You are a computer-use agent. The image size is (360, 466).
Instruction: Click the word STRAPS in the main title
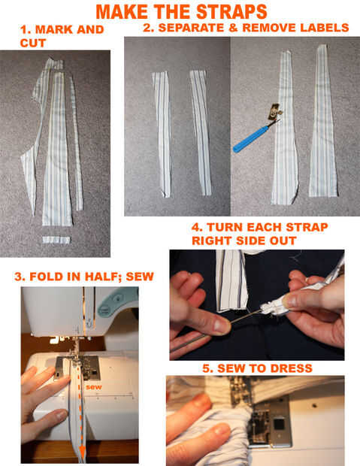tap(231, 12)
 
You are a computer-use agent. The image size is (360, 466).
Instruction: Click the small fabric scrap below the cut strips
tap(56, 240)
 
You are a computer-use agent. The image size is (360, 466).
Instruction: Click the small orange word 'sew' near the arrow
tap(94, 387)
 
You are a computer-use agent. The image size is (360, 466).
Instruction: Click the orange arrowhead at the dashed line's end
tap(83, 452)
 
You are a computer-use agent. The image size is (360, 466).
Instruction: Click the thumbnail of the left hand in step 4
tap(221, 326)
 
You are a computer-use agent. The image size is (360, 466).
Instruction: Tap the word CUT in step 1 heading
tap(33, 43)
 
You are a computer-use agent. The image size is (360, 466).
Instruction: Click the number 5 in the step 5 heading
tap(207, 368)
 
